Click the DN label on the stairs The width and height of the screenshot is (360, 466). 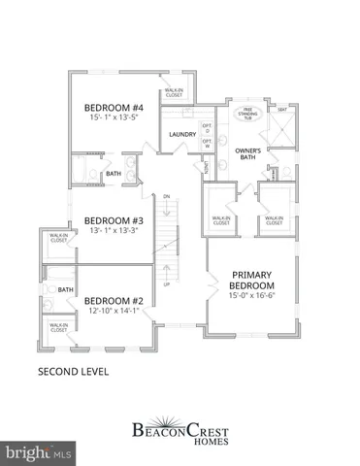point(167,197)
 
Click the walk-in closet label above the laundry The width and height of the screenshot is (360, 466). point(175,93)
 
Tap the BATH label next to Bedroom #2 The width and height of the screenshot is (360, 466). point(66,289)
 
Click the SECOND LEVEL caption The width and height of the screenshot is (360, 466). point(73,371)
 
